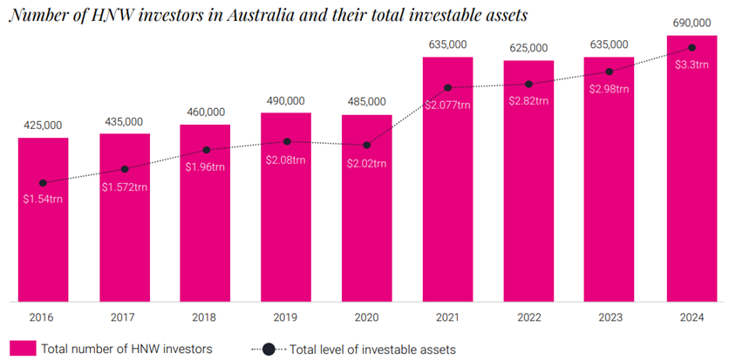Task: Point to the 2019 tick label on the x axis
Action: click(286, 317)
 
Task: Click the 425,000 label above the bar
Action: click(44, 126)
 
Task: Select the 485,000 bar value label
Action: click(367, 102)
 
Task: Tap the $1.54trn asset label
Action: click(44, 199)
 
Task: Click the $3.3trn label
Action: click(692, 64)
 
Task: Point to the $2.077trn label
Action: click(448, 105)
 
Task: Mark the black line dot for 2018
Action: click(206, 150)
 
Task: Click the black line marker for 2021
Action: click(448, 88)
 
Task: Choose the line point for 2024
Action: click(692, 47)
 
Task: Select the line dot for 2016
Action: click(44, 183)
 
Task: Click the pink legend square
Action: click(24, 349)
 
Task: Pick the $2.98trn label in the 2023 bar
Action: click(610, 89)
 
